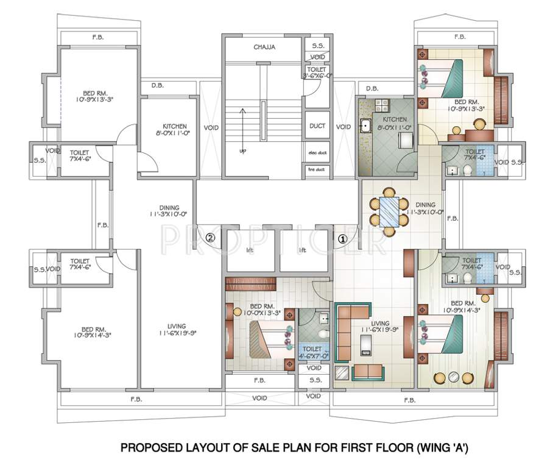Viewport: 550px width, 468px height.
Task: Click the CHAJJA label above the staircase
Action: pyautogui.click(x=265, y=47)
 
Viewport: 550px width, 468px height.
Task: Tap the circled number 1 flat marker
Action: pyautogui.click(x=343, y=239)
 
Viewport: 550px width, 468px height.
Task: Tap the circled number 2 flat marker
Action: pyautogui.click(x=210, y=238)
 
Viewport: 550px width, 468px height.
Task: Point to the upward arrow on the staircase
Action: pyautogui.click(x=242, y=128)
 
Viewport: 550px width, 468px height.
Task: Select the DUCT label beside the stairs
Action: pyautogui.click(x=317, y=126)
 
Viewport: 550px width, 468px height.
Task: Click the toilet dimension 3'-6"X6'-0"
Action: pyautogui.click(x=317, y=76)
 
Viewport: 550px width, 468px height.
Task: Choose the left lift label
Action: pyautogui.click(x=249, y=250)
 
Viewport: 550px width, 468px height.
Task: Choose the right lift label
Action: pyautogui.click(x=301, y=250)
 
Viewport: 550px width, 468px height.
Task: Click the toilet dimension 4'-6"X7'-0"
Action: pyautogui.click(x=313, y=355)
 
